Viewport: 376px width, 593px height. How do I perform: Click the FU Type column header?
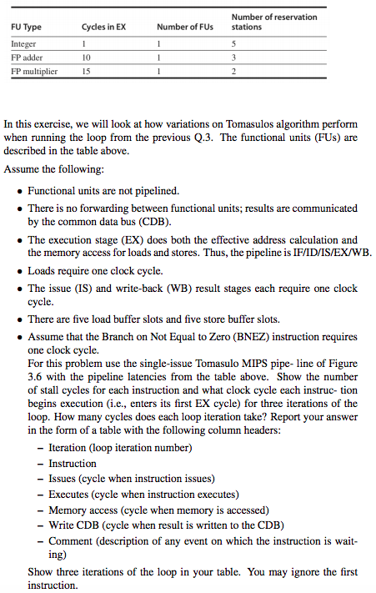27,27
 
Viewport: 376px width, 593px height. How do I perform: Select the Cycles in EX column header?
104,27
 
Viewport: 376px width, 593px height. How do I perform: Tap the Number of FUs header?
185,27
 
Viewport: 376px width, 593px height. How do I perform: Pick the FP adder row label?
28,57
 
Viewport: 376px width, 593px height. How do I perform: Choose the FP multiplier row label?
34,72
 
